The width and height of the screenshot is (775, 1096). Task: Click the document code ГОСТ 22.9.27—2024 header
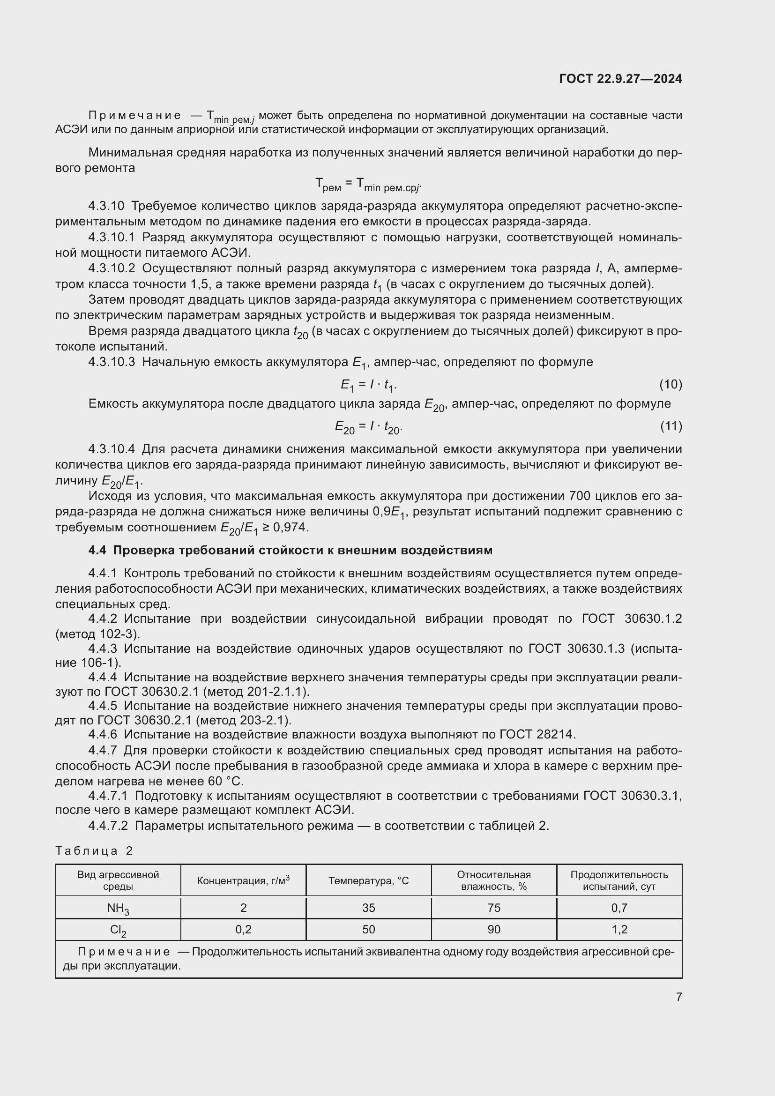[620, 79]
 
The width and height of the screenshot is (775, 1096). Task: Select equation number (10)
[671, 384]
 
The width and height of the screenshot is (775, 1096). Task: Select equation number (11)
[671, 426]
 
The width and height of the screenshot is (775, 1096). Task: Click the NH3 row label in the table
[118, 908]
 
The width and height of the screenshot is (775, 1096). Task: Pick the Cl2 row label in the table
[118, 930]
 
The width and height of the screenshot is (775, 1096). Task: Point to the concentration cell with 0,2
[243, 929]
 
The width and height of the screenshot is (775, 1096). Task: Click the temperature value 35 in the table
[368, 908]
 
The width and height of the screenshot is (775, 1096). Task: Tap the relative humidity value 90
[494, 929]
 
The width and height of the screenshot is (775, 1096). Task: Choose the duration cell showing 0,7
[619, 908]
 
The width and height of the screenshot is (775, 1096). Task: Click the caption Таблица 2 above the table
[94, 850]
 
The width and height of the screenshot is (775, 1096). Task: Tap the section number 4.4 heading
[97, 551]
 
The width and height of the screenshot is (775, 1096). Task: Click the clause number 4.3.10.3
[112, 362]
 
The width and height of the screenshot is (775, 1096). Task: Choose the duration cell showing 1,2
[619, 929]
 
